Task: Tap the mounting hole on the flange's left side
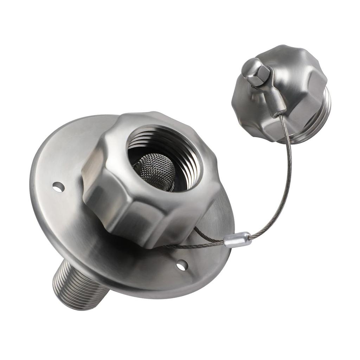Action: pyautogui.click(x=58, y=187)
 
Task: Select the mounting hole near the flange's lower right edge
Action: pyautogui.click(x=182, y=265)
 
